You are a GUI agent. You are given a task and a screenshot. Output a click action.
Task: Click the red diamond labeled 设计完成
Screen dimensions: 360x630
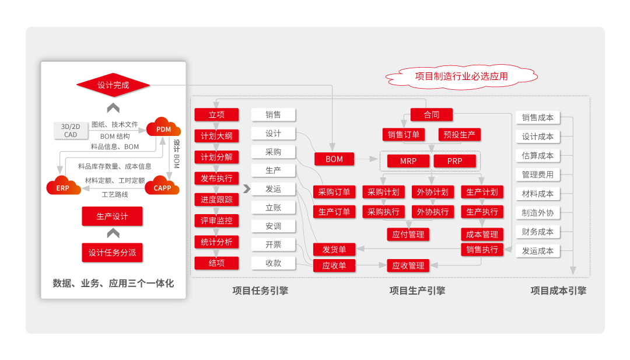pos(113,85)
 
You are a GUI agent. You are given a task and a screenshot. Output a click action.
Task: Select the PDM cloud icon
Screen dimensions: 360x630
pos(163,128)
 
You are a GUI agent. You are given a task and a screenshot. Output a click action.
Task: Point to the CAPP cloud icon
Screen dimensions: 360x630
pos(162,187)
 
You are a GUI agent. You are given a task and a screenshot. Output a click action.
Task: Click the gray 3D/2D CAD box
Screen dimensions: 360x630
pos(70,130)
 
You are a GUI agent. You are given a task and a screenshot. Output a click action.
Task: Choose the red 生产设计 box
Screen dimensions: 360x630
pos(112,216)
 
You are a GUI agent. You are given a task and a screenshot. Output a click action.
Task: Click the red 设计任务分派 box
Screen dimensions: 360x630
pos(112,253)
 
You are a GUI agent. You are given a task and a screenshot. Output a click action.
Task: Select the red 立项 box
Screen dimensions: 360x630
pos(216,115)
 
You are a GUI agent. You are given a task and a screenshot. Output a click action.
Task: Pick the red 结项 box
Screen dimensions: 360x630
pos(216,263)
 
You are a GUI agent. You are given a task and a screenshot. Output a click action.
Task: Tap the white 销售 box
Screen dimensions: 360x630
pos(274,115)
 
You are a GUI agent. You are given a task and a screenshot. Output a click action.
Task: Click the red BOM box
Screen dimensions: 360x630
pos(334,159)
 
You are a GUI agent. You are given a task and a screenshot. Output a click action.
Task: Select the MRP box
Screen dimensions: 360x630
pos(408,161)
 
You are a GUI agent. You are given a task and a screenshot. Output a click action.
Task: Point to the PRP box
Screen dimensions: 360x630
pos(454,161)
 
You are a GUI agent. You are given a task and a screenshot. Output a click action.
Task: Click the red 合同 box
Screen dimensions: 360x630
pos(432,115)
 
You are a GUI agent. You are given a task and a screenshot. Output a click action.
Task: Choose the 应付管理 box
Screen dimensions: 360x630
pos(408,235)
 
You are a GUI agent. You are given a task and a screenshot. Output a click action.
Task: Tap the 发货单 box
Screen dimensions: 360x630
pos(334,250)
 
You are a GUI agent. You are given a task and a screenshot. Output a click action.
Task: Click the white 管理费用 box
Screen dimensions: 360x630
pos(538,174)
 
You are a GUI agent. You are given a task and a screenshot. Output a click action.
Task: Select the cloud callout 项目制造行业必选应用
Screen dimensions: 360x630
pos(461,76)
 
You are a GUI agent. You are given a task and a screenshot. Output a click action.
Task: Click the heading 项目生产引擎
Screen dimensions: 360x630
pos(417,291)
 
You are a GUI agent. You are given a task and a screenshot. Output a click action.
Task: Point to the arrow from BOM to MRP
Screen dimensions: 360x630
pos(366,159)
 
